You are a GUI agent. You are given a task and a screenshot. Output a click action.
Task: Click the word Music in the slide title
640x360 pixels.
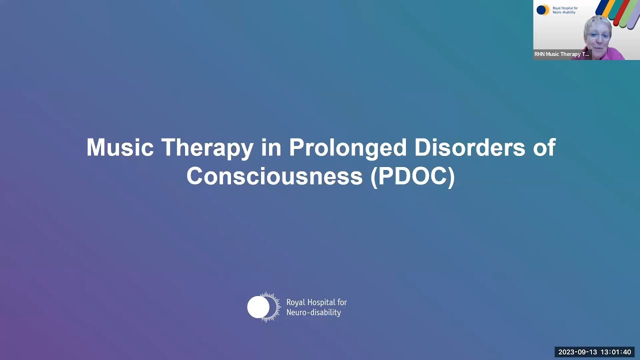(119, 148)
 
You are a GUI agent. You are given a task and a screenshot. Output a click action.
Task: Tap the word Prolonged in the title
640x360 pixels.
(347, 148)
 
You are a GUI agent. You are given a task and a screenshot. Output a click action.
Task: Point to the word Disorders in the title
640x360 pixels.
(470, 148)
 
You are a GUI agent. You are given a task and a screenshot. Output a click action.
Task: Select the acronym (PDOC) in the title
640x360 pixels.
(412, 176)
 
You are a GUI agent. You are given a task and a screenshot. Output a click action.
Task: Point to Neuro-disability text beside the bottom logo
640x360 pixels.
(313, 312)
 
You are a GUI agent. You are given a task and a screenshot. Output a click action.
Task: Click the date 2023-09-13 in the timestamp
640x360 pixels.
(577, 352)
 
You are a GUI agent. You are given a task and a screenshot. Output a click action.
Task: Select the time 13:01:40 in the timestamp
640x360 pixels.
(616, 352)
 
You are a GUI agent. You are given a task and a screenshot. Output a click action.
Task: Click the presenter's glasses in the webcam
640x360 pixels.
(598, 35)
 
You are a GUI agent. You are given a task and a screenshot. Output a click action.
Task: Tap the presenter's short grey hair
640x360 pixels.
(597, 22)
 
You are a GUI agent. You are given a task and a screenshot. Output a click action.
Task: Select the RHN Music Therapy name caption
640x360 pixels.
(562, 54)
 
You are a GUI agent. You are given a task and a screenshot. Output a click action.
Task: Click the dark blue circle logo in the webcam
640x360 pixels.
(541, 10)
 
